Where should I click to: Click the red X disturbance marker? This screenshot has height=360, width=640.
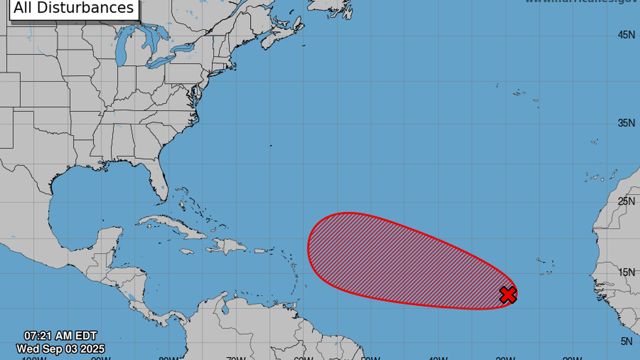point(508,294)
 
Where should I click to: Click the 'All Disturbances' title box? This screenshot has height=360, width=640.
point(74,8)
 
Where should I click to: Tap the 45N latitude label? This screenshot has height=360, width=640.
point(626,35)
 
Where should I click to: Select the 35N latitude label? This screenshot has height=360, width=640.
point(626,123)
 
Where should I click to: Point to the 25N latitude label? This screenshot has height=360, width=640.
point(626,201)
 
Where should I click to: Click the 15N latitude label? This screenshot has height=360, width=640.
point(626,272)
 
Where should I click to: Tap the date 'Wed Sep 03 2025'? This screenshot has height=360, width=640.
point(60,349)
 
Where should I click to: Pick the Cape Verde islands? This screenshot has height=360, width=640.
point(545,267)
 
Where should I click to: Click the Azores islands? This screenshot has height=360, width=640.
point(519,93)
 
